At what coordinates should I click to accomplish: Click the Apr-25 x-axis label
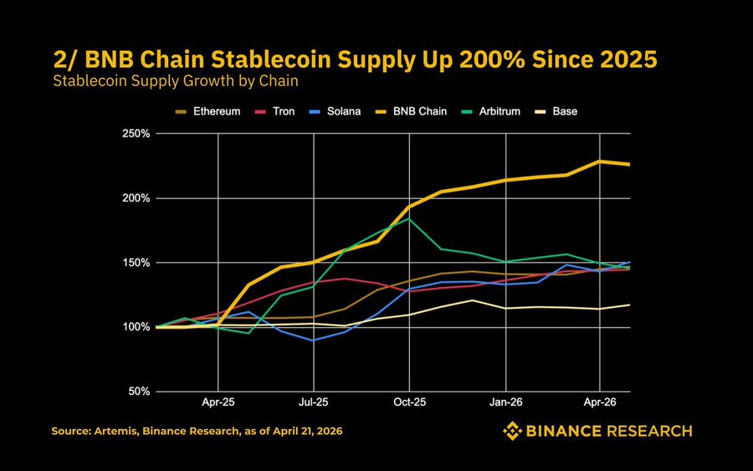pos(218,402)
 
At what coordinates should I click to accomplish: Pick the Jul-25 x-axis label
pos(314,402)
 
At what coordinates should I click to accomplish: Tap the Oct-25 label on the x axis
pos(410,402)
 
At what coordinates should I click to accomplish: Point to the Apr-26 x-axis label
pos(601,402)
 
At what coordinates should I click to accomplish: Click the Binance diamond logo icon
pos(512,431)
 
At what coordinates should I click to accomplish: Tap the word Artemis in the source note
pos(118,431)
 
